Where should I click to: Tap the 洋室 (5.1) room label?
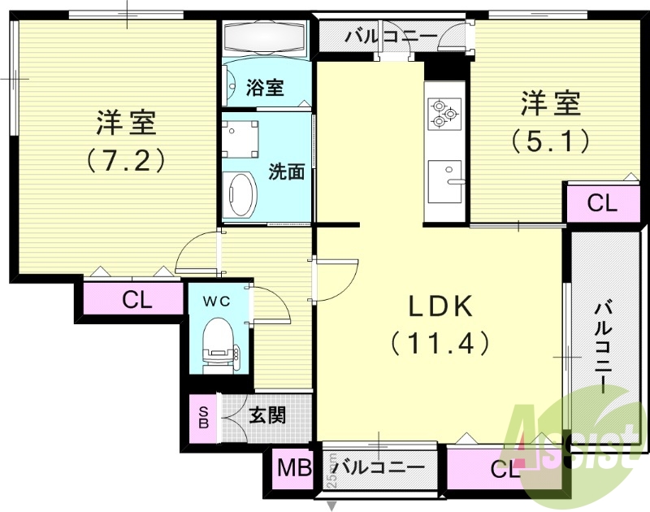(550, 122)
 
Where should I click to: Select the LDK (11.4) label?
(440, 323)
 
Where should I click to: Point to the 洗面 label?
(287, 171)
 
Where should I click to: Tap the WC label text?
(217, 301)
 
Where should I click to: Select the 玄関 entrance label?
(266, 416)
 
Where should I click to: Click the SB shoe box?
(203, 416)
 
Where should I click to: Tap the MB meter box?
(294, 468)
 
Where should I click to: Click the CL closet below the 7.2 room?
(136, 300)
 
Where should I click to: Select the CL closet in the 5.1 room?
(602, 203)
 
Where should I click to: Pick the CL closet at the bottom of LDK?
(504, 469)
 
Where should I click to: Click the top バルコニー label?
(378, 37)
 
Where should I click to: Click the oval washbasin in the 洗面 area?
(241, 195)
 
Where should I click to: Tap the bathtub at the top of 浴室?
(263, 37)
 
